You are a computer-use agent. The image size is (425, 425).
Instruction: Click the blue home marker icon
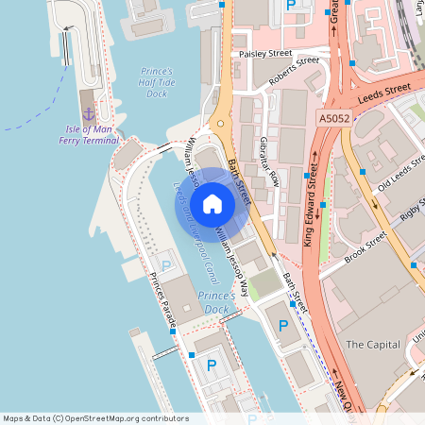click(212, 204)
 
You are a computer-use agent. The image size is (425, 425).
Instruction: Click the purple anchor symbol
click(88, 113)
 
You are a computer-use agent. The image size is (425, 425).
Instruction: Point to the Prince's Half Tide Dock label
click(157, 82)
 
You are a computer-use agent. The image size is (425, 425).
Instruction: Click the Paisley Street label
click(265, 54)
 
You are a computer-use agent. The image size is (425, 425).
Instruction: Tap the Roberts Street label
click(294, 72)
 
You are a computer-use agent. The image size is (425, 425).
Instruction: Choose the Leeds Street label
click(384, 92)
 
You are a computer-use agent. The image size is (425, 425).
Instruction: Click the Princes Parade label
click(159, 300)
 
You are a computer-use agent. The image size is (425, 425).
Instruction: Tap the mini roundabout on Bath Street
click(221, 123)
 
